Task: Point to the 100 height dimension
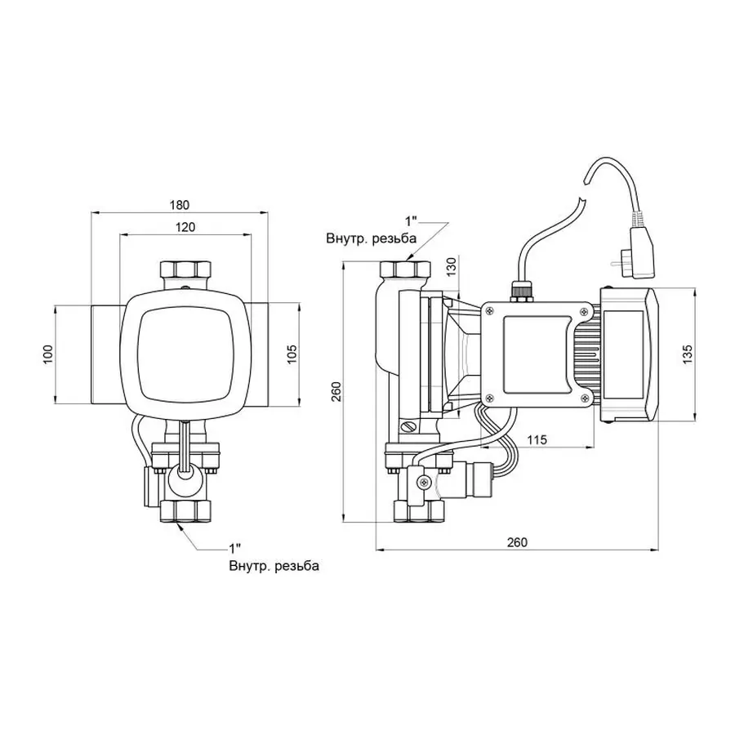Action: [x=47, y=354]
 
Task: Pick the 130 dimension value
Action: [x=452, y=266]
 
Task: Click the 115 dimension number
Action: [x=537, y=439]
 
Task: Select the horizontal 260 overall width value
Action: [x=517, y=542]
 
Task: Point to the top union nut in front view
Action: [x=185, y=269]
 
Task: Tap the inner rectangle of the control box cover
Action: [x=535, y=352]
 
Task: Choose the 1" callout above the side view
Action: [x=412, y=221]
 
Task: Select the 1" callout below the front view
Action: [x=234, y=548]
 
